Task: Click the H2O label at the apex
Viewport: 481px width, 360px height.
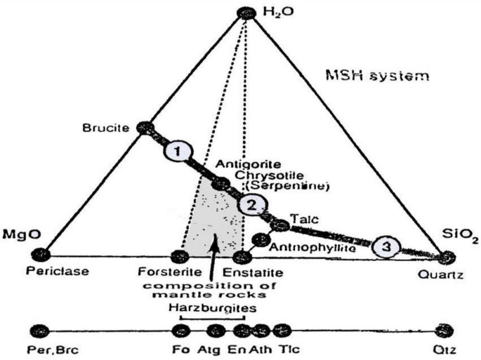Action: (x=275, y=13)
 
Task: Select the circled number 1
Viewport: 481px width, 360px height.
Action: (x=177, y=150)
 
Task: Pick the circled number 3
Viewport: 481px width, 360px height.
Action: (x=386, y=246)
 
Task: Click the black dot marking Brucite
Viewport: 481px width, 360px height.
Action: (x=145, y=128)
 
